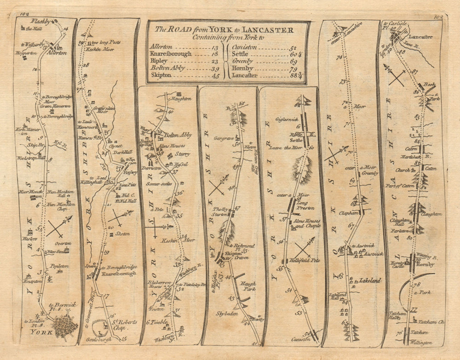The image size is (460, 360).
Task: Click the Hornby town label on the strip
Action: pyautogui.click(x=425, y=265)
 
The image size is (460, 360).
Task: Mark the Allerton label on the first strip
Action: pyautogui.click(x=57, y=53)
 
